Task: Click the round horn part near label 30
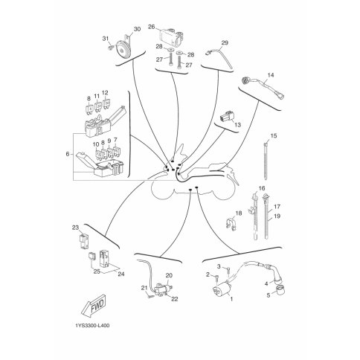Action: pos(123,50)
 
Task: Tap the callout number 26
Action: pos(151,27)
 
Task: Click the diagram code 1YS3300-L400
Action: pos(92,325)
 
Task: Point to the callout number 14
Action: pos(271,75)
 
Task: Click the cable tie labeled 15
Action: pos(266,161)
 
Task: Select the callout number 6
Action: pos(68,154)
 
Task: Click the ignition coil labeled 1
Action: pos(222,291)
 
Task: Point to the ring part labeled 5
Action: pos(280,289)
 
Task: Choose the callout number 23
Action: pos(75,228)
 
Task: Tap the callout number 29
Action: pos(225,42)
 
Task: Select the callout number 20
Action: pos(169,275)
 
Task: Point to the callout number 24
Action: pos(121,274)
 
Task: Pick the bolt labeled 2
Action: pos(216,277)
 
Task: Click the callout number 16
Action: pos(262,188)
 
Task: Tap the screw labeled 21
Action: pos(150,296)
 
